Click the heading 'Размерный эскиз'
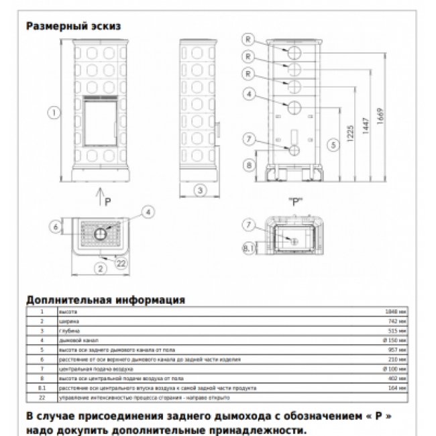coord(74,27)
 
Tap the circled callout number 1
coord(52,113)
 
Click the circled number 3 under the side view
coord(199,190)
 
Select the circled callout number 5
coord(331,144)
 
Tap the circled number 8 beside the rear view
coord(249,165)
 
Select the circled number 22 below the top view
coord(121,264)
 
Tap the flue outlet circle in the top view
coord(100,234)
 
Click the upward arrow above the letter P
coord(99,195)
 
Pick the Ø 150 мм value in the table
coord(396,341)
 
